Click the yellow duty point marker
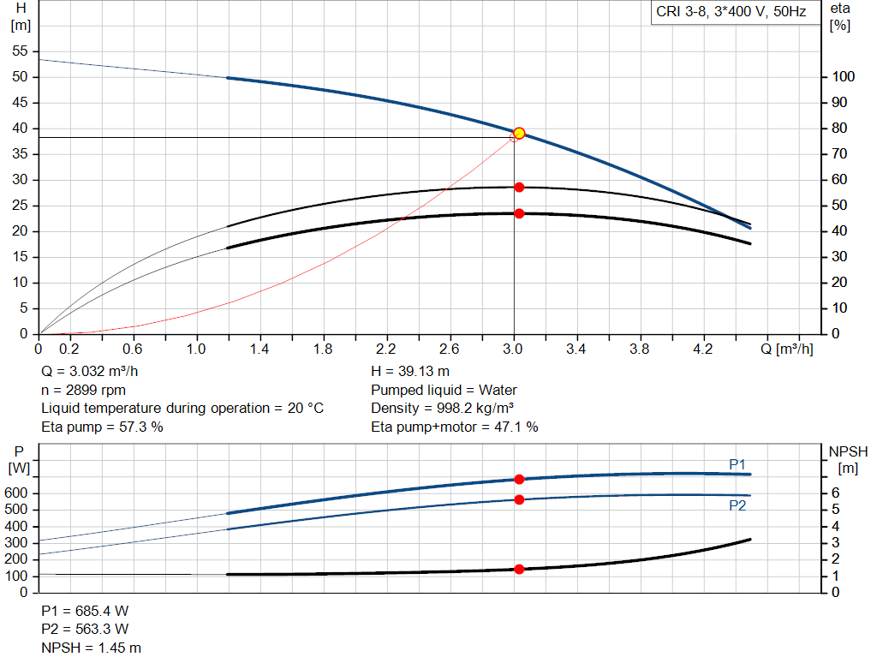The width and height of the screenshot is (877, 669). point(519,133)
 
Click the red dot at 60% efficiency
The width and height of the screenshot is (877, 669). point(519,187)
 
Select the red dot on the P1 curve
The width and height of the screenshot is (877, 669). point(519,480)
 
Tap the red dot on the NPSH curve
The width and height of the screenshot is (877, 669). point(519,569)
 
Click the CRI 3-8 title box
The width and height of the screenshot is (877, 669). point(731,13)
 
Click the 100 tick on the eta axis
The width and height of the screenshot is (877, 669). point(844,77)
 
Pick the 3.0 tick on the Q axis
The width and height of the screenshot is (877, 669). point(514,349)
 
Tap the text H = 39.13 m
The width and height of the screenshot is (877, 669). point(410,371)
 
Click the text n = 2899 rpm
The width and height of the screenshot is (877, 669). point(83,390)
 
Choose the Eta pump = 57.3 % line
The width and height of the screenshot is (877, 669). point(102,427)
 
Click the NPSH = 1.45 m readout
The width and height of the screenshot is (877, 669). point(92,648)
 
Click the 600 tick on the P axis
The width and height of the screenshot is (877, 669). point(19,493)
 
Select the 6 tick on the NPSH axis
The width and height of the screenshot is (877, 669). point(835,493)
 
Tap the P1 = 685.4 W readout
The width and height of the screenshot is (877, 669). point(85,611)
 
